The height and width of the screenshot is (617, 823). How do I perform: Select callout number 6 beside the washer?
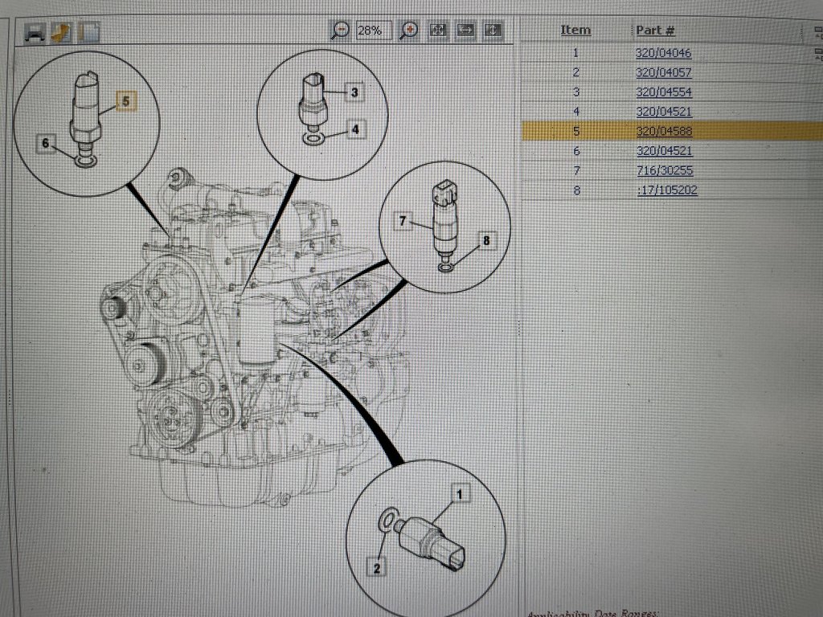pyautogui.click(x=46, y=142)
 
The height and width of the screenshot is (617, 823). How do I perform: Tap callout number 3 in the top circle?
pyautogui.click(x=354, y=92)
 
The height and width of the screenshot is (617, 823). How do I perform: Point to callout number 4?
pyautogui.click(x=354, y=129)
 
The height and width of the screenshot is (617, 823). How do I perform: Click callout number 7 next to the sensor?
pyautogui.click(x=403, y=220)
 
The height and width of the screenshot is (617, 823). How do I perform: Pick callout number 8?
pyautogui.click(x=485, y=239)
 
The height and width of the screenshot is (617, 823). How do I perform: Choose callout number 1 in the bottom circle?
pyautogui.click(x=460, y=495)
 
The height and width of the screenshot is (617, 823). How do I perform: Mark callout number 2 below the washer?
pyautogui.click(x=376, y=567)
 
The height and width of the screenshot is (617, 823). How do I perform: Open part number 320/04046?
pyautogui.click(x=663, y=53)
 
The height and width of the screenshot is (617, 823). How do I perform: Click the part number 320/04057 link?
pyautogui.click(x=663, y=72)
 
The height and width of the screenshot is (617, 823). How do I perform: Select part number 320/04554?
pyautogui.click(x=663, y=92)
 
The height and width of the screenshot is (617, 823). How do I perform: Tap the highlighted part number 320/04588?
pyautogui.click(x=663, y=131)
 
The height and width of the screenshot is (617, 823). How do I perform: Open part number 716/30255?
pyautogui.click(x=663, y=170)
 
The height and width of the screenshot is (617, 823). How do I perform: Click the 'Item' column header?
pyautogui.click(x=575, y=30)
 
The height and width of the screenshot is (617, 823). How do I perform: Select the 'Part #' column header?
pyautogui.click(x=655, y=30)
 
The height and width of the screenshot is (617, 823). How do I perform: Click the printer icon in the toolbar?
pyautogui.click(x=35, y=32)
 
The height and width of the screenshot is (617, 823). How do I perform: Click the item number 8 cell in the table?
pyautogui.click(x=576, y=190)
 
